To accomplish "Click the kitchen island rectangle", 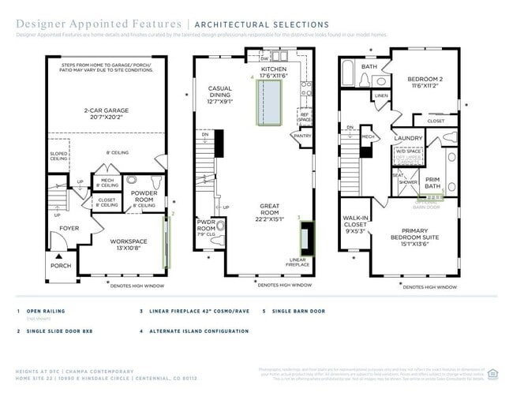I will pyautogui.click(x=268, y=102).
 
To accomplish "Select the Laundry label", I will pyautogui.click(x=410, y=138).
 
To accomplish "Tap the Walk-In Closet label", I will pyautogui.click(x=354, y=224).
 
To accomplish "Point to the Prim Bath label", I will pyautogui.click(x=433, y=182).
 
